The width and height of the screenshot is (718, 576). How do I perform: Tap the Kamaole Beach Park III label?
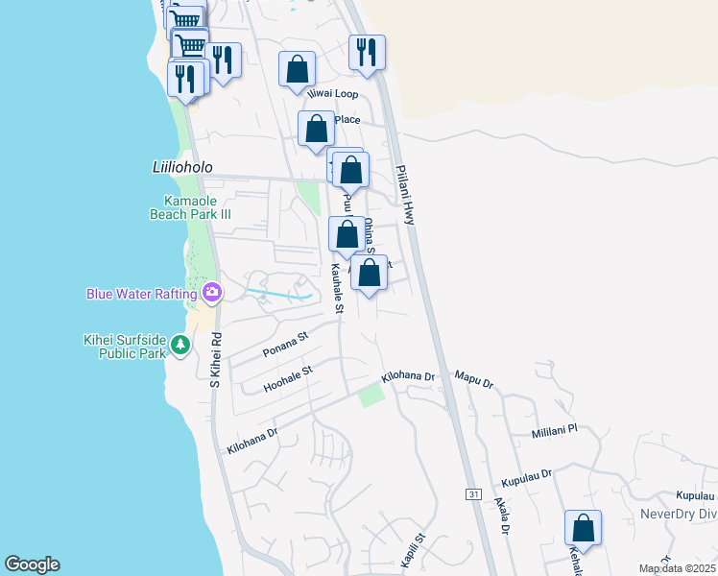pos(191,207)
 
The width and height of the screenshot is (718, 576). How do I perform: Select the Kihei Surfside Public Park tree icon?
pos(179,343)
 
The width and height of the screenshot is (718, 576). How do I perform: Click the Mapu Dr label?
pos(473,381)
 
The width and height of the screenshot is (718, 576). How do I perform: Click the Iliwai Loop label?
pos(331,94)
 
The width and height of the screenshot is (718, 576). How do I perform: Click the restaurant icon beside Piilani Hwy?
pos(367,52)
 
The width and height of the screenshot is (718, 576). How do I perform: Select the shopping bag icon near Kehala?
pos(583,528)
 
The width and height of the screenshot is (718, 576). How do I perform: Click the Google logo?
pos(32,564)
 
